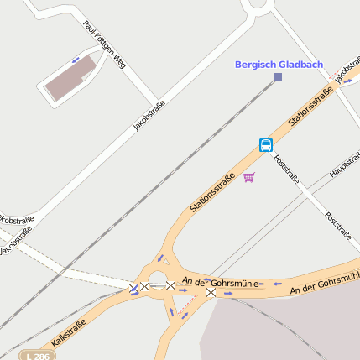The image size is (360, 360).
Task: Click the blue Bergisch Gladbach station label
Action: click(279, 65)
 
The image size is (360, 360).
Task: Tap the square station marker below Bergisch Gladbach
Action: click(278, 77)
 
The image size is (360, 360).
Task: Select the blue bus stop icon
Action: click(266, 145)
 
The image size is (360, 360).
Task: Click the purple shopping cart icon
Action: click(249, 177)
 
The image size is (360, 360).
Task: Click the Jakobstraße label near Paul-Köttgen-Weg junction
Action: click(149, 116)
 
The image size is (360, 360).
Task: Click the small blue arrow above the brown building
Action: click(76, 60)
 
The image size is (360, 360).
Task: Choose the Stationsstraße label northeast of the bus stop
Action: click(311, 108)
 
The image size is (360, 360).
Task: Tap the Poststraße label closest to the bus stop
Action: click(286, 168)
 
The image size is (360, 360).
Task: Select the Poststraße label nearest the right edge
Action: click(337, 225)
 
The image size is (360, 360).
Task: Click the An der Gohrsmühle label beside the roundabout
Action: click(217, 284)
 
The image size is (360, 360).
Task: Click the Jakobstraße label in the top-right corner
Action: click(347, 71)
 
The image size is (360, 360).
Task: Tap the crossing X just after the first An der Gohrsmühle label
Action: click(211, 293)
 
